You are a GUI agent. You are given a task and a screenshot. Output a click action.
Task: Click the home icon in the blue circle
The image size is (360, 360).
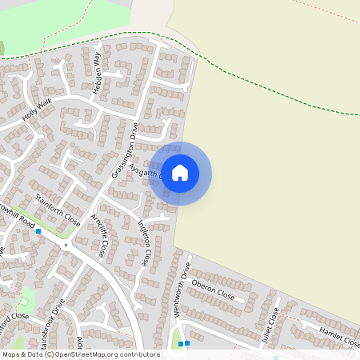pyautogui.click(x=180, y=173)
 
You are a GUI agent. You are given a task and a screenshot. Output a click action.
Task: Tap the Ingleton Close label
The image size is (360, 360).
pyautogui.click(x=144, y=243)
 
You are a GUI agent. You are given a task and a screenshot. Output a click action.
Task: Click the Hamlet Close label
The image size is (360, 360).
pyautogui.click(x=338, y=335)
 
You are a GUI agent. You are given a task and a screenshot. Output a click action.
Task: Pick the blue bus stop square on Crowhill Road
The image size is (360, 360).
pyautogui.click(x=38, y=231)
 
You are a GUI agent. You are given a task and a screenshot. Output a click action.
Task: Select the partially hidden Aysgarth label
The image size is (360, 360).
pyautogui.click(x=150, y=170)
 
